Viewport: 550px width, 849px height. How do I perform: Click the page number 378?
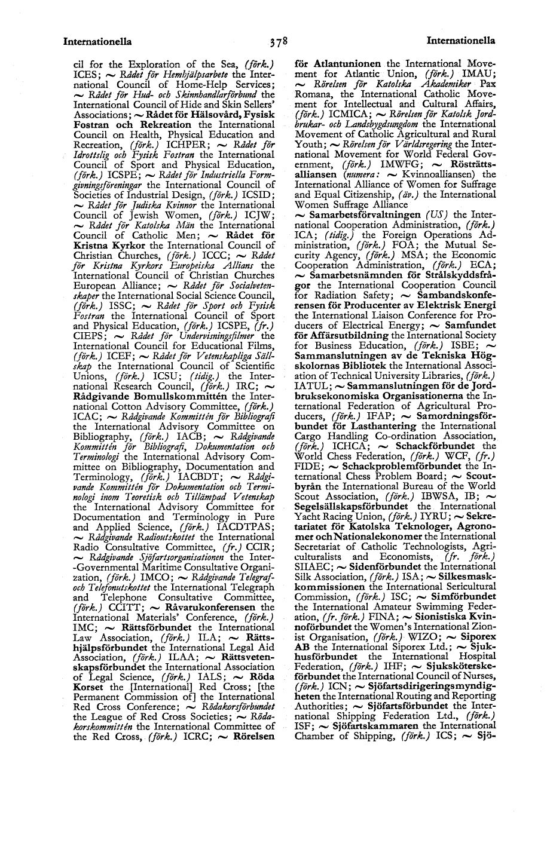[278, 42]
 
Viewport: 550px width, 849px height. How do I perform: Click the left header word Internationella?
[97, 42]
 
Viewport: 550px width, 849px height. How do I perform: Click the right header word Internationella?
[460, 41]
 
